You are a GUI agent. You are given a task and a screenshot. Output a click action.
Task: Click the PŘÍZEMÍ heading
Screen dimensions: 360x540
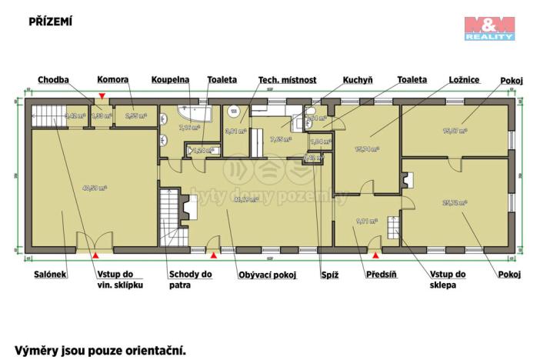(50, 22)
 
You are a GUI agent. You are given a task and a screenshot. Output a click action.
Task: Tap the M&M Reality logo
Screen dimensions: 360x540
(489, 28)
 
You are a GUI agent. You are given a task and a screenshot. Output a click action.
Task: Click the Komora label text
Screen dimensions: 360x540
(112, 79)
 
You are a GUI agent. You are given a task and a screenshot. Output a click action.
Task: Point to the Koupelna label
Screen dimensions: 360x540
(169, 79)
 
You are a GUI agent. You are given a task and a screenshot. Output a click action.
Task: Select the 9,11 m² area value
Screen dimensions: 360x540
(367, 222)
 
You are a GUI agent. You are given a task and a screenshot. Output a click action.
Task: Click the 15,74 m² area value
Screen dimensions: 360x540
(366, 149)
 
